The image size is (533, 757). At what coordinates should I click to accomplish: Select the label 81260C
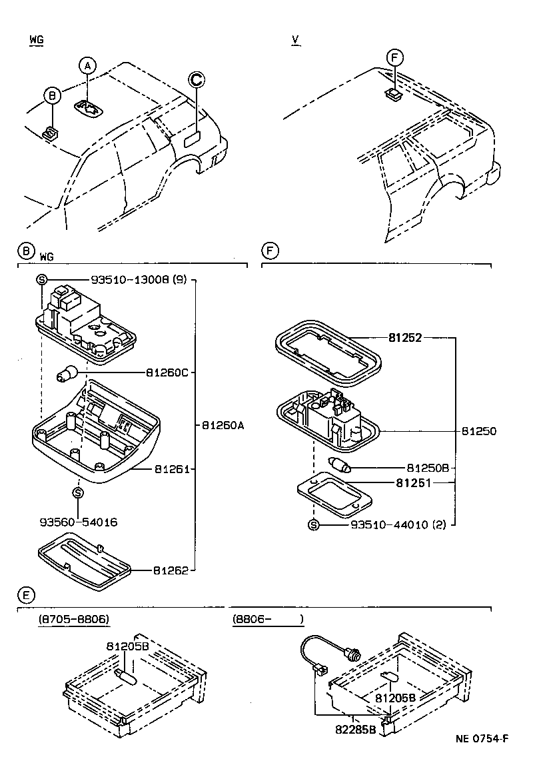point(167,373)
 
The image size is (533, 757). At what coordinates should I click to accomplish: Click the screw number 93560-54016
point(78,522)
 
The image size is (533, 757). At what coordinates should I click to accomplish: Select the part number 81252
point(406,338)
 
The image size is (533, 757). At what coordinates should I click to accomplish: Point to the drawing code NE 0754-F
point(482,738)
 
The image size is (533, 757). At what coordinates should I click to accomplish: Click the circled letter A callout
point(87,65)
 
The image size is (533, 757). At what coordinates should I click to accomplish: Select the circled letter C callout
point(196,79)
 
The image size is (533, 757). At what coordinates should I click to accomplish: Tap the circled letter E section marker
point(24,594)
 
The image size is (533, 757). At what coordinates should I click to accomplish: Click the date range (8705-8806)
point(73,619)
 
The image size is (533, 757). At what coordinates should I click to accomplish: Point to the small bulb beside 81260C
point(68,374)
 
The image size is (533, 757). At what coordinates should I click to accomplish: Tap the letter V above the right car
point(294,40)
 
